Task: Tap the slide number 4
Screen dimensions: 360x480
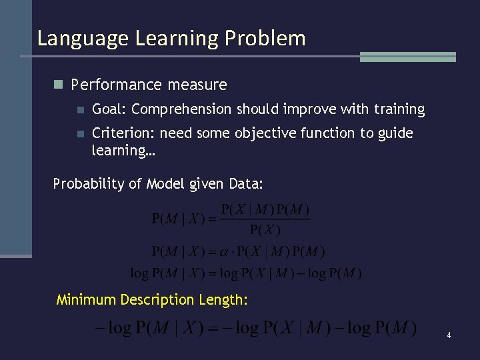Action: (449, 335)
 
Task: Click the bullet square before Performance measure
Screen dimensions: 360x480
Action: (58, 85)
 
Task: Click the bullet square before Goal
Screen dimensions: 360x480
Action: (80, 109)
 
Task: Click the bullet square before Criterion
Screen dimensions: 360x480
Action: (80, 133)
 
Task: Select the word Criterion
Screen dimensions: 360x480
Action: (121, 133)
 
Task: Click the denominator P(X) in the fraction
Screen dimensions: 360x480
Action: (265, 231)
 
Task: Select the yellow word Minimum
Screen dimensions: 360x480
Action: (86, 300)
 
